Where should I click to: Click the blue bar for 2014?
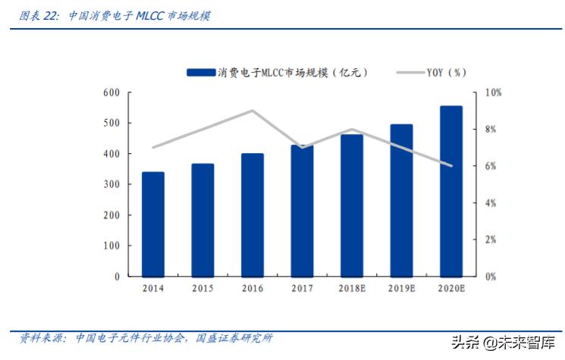[152, 224]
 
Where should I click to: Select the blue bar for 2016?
[253, 215]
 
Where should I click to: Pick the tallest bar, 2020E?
[451, 191]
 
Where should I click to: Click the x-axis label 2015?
[202, 289]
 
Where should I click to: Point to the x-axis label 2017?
[302, 289]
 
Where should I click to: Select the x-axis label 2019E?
[401, 289]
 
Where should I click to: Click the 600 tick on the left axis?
[111, 92]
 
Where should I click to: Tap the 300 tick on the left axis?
[111, 185]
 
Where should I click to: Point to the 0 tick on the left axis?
[117, 277]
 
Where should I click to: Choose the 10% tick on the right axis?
[493, 92]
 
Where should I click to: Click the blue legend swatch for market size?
[200, 73]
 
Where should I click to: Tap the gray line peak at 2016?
[253, 111]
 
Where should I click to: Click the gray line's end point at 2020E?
[451, 166]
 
